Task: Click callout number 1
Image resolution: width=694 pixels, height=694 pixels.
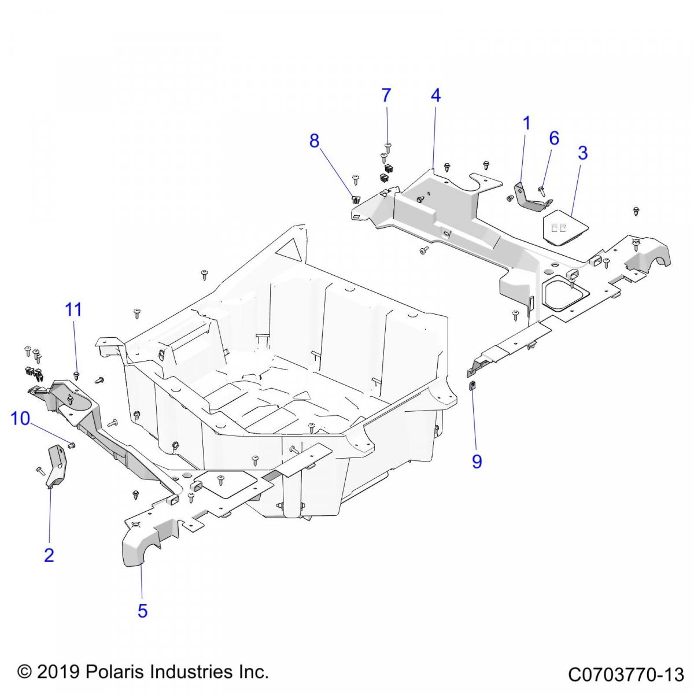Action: click(526, 123)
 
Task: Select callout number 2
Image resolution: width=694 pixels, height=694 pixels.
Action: click(49, 555)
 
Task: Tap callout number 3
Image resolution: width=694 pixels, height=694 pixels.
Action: click(582, 153)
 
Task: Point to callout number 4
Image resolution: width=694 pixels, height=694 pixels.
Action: click(435, 95)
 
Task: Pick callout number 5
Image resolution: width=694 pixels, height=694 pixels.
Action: click(142, 611)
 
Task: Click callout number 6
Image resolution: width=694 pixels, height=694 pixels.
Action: click(554, 138)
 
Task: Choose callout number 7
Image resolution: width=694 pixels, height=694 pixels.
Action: click(386, 95)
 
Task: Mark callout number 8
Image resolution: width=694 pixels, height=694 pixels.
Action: click(314, 141)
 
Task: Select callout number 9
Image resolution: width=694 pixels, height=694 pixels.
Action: click(477, 462)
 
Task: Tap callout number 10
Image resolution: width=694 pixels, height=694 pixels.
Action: click(20, 418)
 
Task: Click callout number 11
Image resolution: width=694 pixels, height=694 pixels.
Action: click(73, 310)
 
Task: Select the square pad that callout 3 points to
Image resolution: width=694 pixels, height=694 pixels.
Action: click(564, 229)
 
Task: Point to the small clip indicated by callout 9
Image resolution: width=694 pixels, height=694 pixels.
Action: click(472, 386)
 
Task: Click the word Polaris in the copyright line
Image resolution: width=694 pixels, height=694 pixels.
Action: click(115, 673)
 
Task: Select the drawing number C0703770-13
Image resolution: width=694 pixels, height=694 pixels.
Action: click(626, 674)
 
